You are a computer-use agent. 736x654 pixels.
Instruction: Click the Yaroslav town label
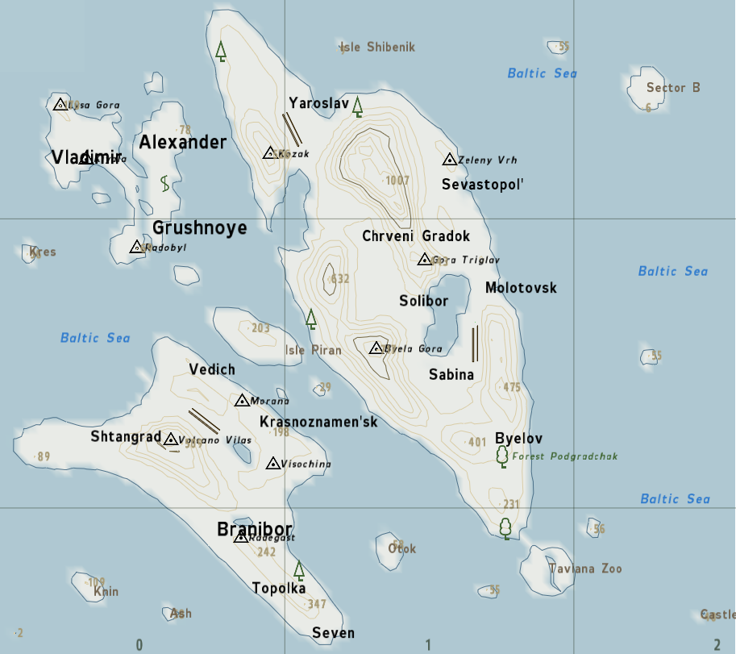click(x=318, y=103)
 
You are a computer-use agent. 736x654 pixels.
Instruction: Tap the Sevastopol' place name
click(x=483, y=185)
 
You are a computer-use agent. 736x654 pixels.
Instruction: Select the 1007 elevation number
click(x=397, y=181)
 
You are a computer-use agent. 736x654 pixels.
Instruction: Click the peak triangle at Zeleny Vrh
click(x=450, y=160)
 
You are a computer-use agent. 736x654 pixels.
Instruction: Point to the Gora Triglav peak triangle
click(x=424, y=259)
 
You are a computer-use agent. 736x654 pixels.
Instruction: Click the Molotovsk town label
click(x=521, y=288)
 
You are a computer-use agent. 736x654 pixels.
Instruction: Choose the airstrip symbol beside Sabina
click(x=475, y=344)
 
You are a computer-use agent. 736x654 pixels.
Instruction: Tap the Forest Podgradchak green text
click(x=564, y=456)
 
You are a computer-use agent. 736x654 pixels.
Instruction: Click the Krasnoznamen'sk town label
click(x=318, y=422)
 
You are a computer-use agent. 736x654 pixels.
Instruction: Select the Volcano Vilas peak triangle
click(x=171, y=439)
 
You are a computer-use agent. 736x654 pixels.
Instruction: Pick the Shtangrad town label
click(x=126, y=436)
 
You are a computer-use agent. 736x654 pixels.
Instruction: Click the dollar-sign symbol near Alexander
click(x=165, y=183)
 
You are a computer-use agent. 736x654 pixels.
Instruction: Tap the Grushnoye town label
click(x=199, y=228)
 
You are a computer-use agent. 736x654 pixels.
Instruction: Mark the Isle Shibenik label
click(x=379, y=48)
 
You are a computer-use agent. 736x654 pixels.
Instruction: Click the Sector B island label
click(x=673, y=88)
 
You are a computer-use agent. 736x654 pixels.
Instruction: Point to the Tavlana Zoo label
click(x=585, y=569)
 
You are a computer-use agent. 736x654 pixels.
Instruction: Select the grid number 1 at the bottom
click(x=428, y=644)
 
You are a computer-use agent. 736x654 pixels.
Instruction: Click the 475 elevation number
click(x=512, y=387)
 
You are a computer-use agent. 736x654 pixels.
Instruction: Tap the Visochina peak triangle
click(x=273, y=464)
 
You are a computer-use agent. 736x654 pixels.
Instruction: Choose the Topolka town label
click(x=279, y=588)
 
